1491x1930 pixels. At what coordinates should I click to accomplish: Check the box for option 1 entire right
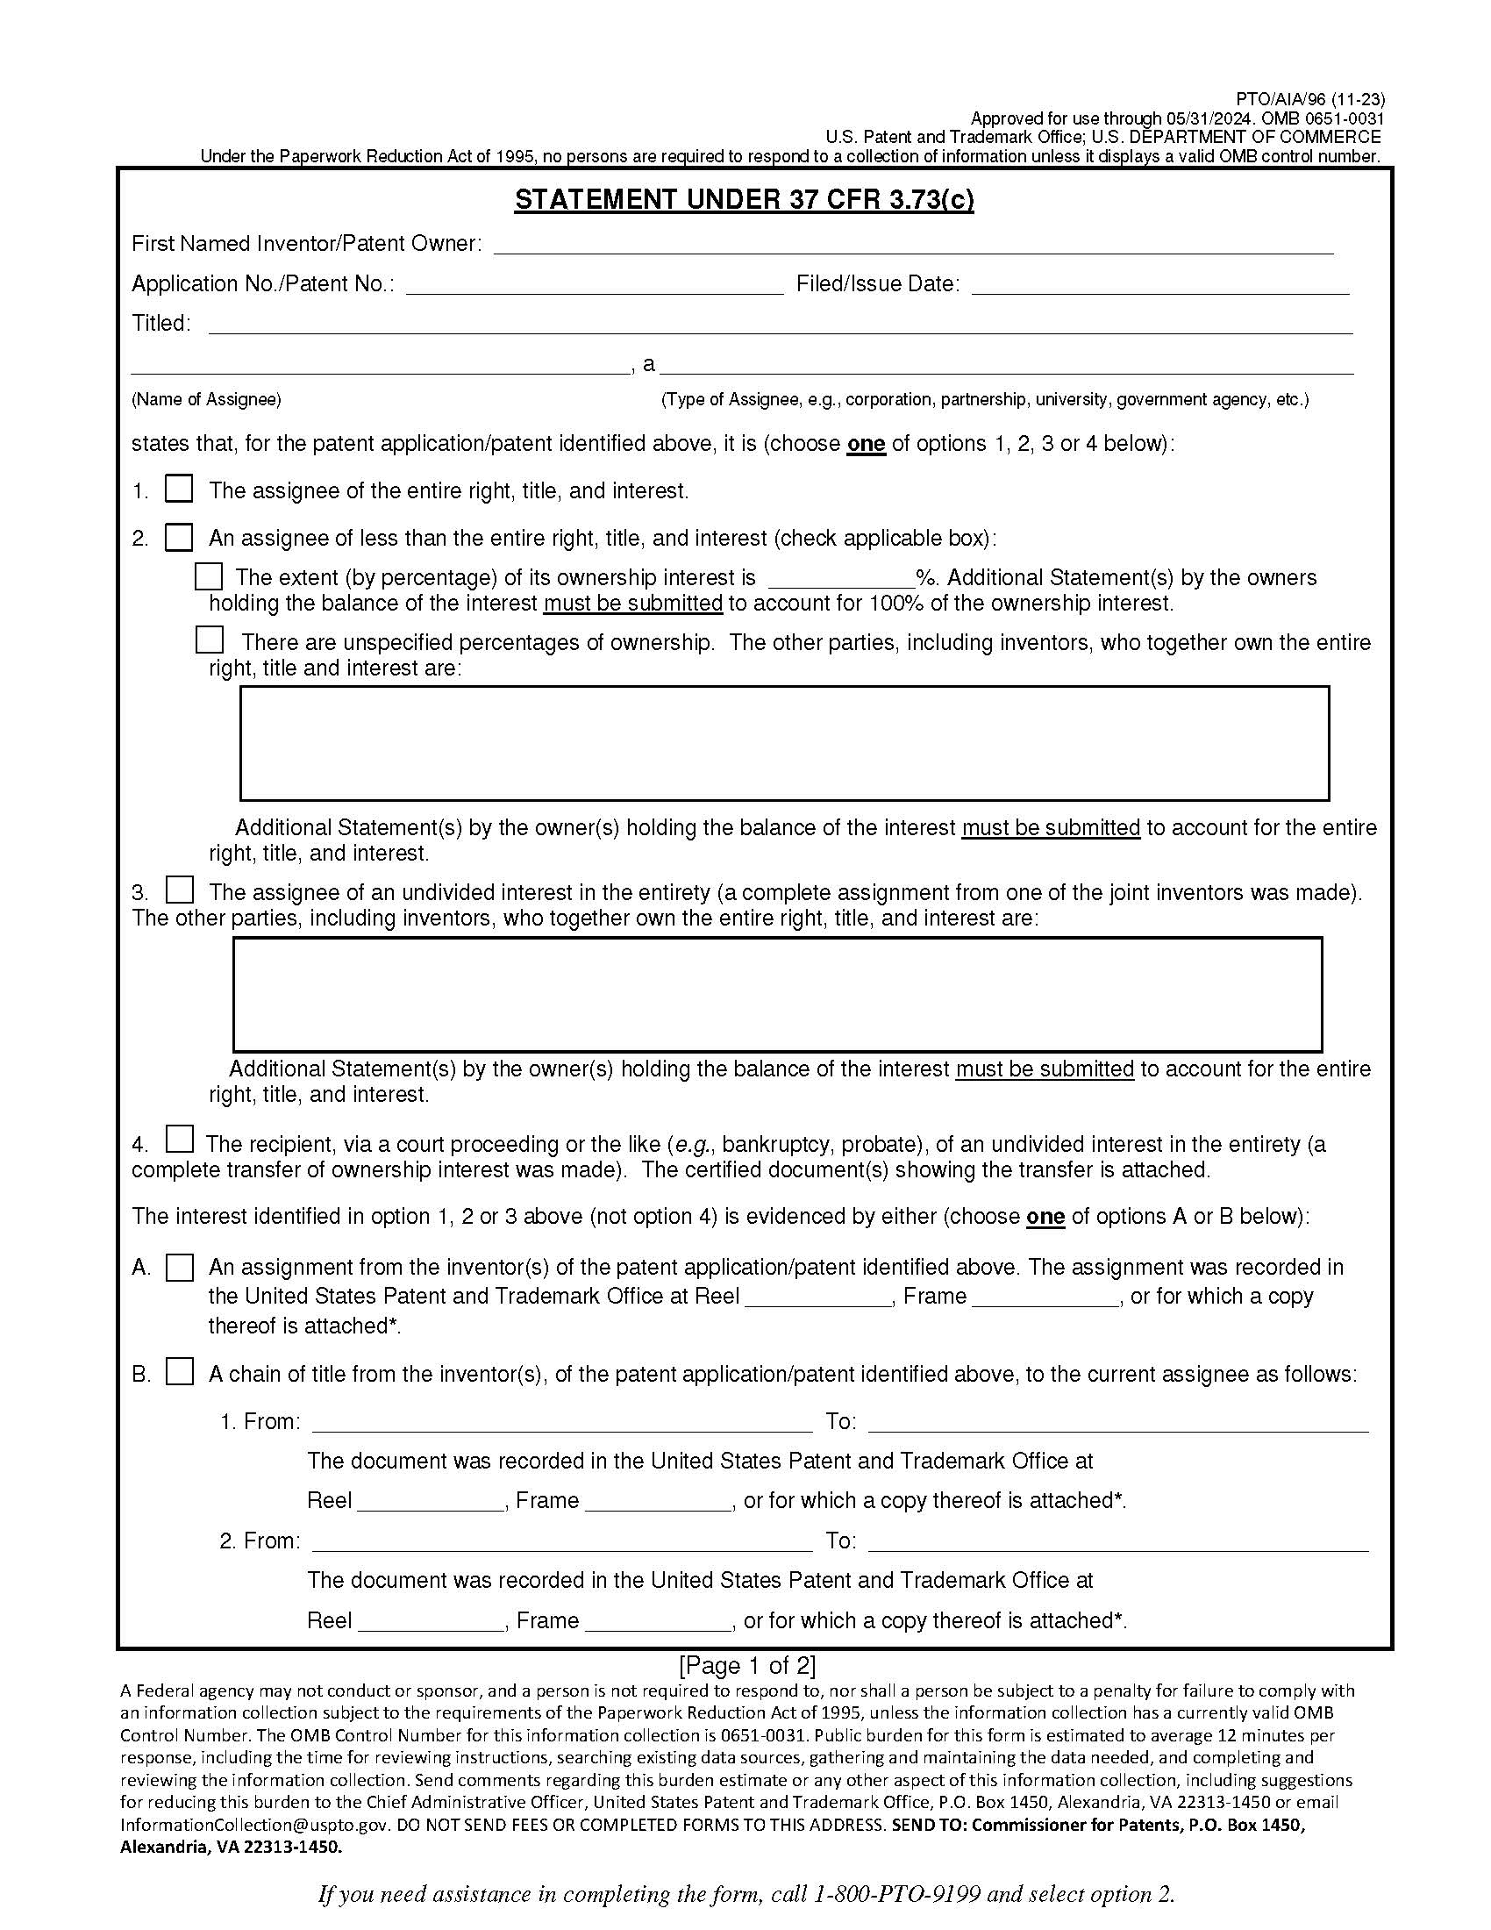[179, 489]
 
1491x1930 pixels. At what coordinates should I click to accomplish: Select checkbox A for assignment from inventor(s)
[180, 1268]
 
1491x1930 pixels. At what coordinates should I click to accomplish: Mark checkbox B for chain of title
[180, 1372]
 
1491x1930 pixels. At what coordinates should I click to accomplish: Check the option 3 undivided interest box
[180, 888]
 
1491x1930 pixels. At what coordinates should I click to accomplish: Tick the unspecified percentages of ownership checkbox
[210, 640]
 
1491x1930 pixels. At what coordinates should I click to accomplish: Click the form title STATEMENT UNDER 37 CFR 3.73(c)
[744, 200]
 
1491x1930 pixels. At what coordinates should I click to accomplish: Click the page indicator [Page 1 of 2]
[746, 1666]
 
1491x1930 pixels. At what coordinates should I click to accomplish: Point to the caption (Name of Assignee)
[206, 399]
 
